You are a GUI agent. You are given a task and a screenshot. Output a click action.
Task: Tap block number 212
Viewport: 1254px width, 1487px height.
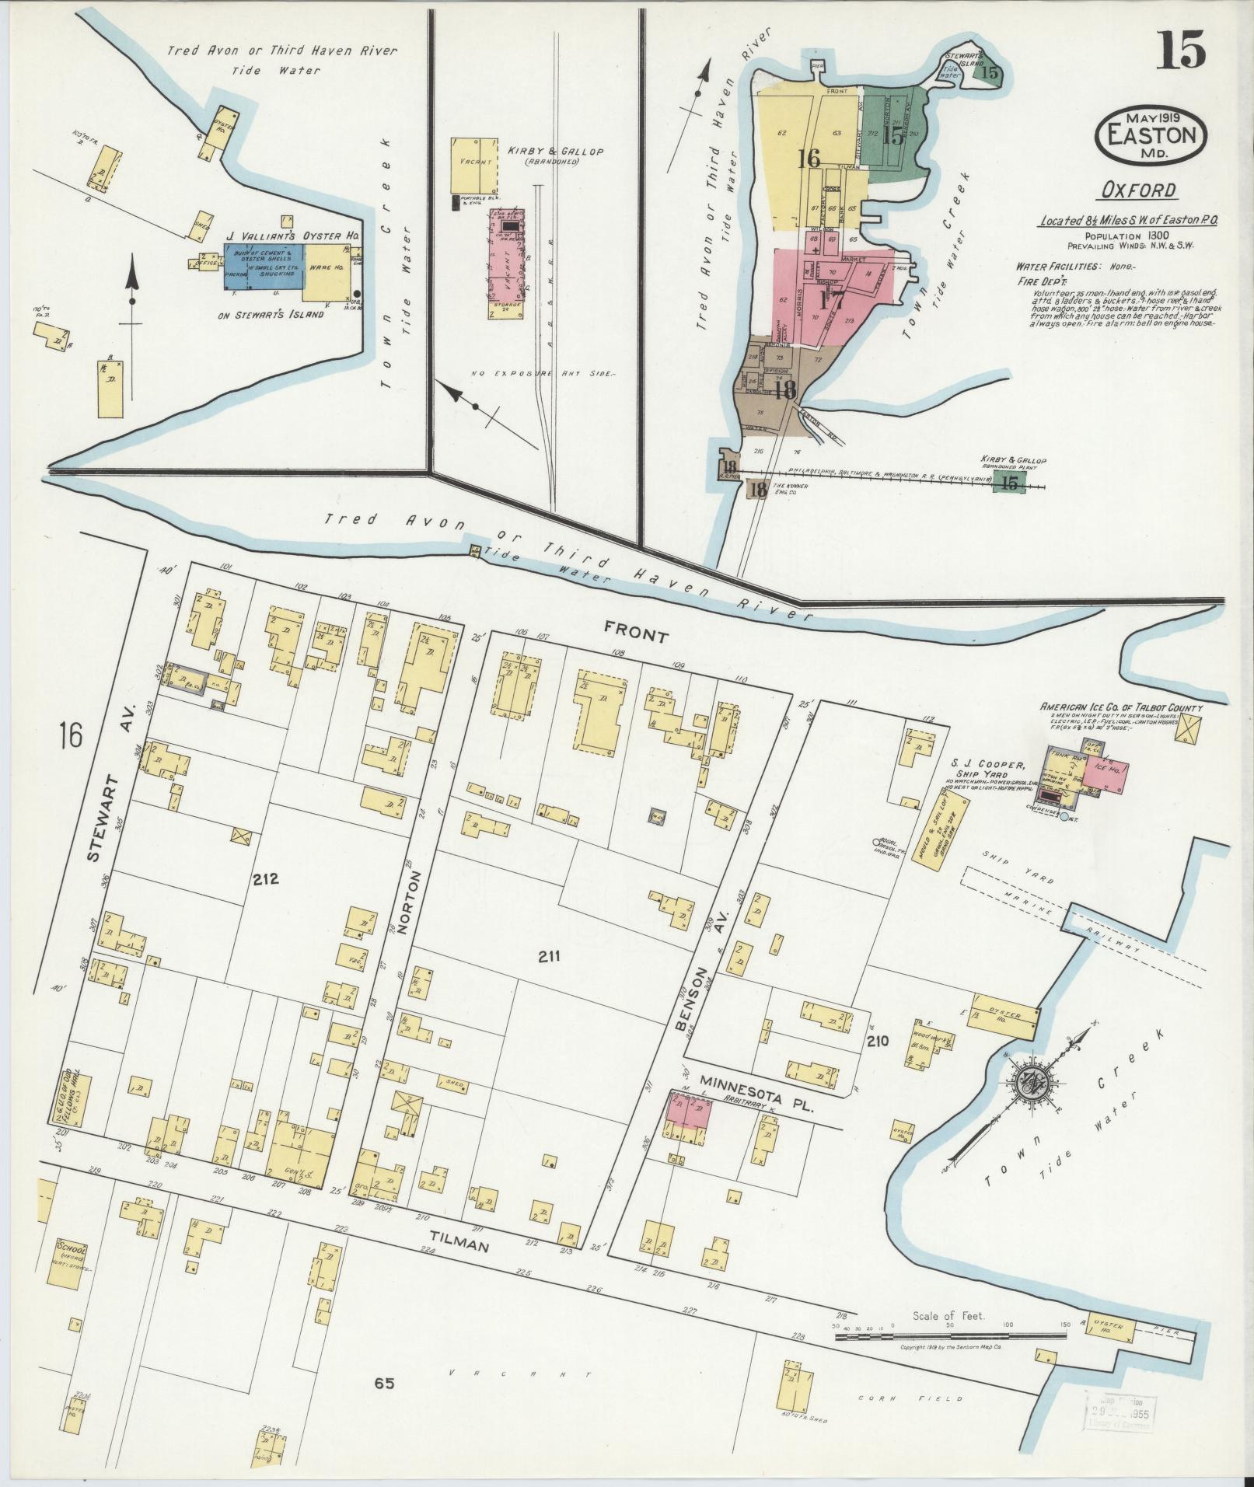pos(265,880)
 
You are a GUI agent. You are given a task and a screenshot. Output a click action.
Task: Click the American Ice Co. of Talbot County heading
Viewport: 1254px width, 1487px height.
pos(1121,707)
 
